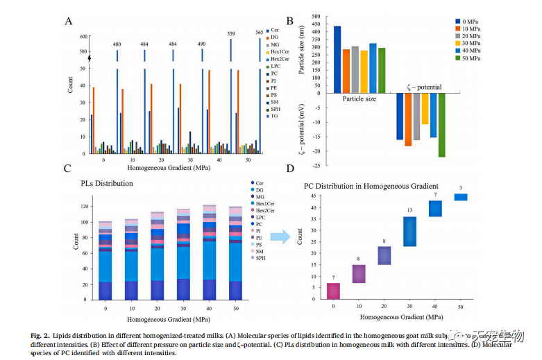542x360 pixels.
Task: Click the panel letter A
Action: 68,20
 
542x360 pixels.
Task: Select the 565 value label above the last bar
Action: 260,33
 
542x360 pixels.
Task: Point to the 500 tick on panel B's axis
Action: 315,16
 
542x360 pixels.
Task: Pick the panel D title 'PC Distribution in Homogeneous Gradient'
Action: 371,186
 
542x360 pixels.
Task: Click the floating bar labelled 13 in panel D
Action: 409,232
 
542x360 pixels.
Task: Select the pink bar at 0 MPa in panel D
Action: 333,291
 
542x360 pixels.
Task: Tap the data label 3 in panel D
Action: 460,188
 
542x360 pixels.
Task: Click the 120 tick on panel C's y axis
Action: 86,207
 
